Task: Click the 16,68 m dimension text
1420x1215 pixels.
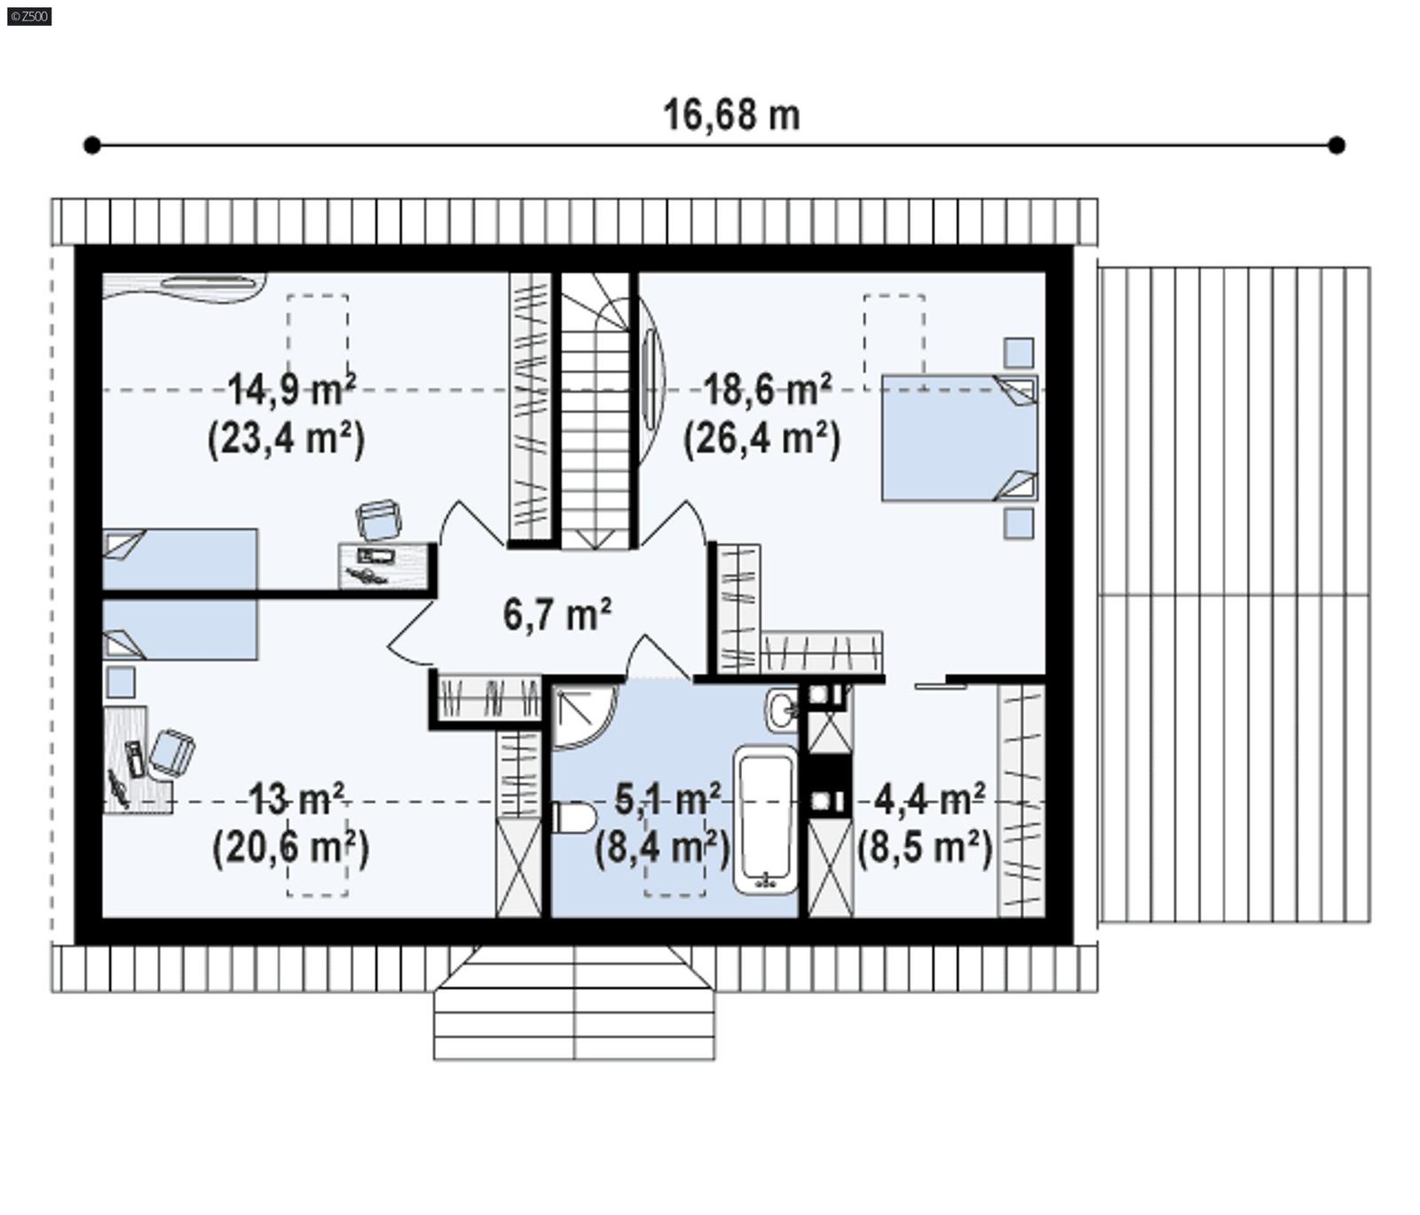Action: (731, 115)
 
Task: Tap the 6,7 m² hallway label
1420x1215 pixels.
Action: (556, 614)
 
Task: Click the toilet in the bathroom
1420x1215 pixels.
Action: (572, 818)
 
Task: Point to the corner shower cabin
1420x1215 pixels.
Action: (580, 717)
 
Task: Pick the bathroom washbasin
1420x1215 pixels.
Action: (783, 709)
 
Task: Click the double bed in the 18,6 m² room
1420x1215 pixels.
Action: (958, 437)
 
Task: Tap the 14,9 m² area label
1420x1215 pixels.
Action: (292, 389)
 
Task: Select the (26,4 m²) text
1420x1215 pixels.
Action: (761, 438)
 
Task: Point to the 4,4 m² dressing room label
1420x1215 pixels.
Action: (929, 800)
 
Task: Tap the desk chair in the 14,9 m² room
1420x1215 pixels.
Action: (379, 520)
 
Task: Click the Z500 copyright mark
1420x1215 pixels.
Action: (28, 16)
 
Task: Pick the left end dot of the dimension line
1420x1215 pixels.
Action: (91, 145)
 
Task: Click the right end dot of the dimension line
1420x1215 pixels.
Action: (1337, 145)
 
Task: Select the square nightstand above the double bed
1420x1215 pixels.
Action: (1018, 352)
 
